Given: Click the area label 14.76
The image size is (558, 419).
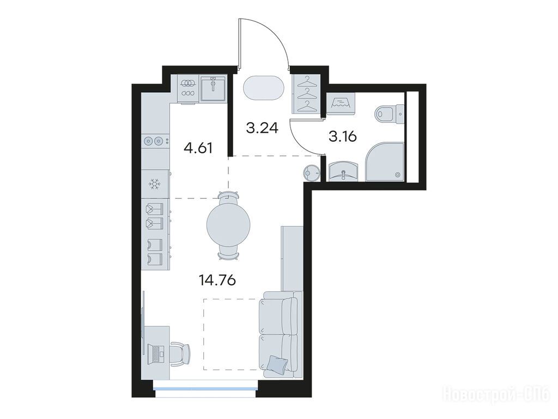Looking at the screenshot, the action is point(217,281).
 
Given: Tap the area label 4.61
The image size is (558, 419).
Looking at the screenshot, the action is point(198,147).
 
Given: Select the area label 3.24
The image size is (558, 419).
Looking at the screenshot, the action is point(262,128).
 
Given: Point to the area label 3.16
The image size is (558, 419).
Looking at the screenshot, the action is point(343,136).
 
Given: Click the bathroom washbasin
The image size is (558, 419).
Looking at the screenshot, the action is point(343,172).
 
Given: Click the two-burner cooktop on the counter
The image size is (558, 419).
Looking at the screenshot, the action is point(155,141).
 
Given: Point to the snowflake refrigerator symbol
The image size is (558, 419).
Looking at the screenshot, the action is point(155,184).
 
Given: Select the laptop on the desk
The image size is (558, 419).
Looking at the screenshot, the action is point(156,354).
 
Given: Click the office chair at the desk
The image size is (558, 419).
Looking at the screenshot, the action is point(180,354).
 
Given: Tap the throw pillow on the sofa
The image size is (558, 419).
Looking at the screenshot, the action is point(277,363).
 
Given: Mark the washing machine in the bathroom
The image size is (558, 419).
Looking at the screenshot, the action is point(341,103).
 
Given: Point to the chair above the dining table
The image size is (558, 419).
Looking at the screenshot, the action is point(228,197).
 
